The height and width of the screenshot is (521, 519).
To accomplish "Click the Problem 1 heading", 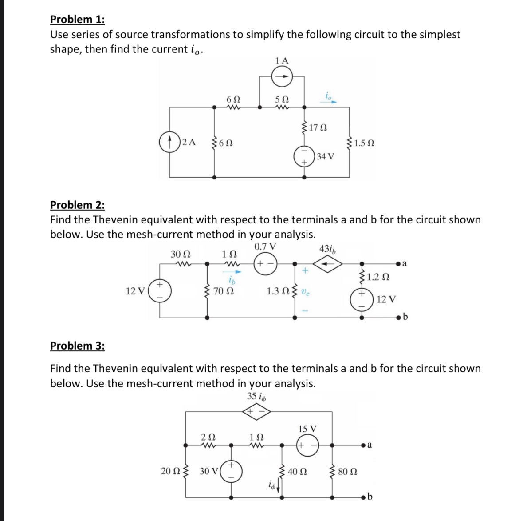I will [x=78, y=20].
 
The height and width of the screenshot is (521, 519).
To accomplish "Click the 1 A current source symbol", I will [x=282, y=78].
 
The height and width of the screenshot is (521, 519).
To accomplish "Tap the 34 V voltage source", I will [x=304, y=156].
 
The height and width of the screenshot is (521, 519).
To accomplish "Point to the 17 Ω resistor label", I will [x=318, y=128].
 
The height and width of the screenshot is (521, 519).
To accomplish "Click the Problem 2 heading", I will [x=78, y=205].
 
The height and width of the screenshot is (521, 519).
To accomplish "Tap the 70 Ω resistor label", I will [x=224, y=291].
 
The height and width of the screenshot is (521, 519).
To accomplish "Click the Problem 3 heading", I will [x=78, y=346].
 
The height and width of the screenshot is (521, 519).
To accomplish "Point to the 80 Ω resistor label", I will [x=348, y=471].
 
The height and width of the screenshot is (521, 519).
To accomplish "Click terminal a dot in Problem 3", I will [x=363, y=445].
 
